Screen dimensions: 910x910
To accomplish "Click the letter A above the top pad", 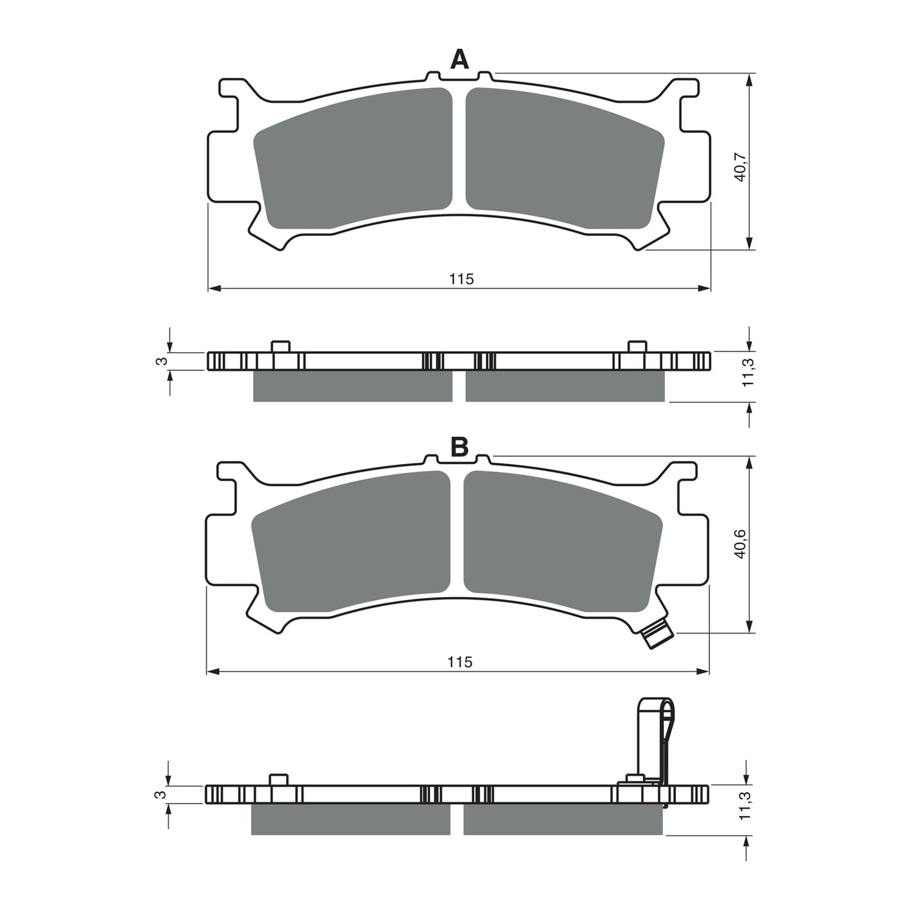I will [x=460, y=60].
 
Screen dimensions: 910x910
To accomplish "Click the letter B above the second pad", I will [x=459, y=447].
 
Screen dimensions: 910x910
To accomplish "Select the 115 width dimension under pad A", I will [x=461, y=279].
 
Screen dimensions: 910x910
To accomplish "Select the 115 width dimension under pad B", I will [x=460, y=662].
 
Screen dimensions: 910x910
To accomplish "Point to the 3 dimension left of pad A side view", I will [x=161, y=361].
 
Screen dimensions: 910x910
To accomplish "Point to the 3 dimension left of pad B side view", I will [x=161, y=795].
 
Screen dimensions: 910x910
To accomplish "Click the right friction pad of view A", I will [x=564, y=157].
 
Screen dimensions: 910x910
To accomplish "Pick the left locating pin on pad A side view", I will [x=280, y=346].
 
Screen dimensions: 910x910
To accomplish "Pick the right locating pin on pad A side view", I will [x=637, y=346].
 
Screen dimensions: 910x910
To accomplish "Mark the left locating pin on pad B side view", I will [x=278, y=779].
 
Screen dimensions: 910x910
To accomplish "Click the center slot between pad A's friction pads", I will [x=459, y=151].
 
